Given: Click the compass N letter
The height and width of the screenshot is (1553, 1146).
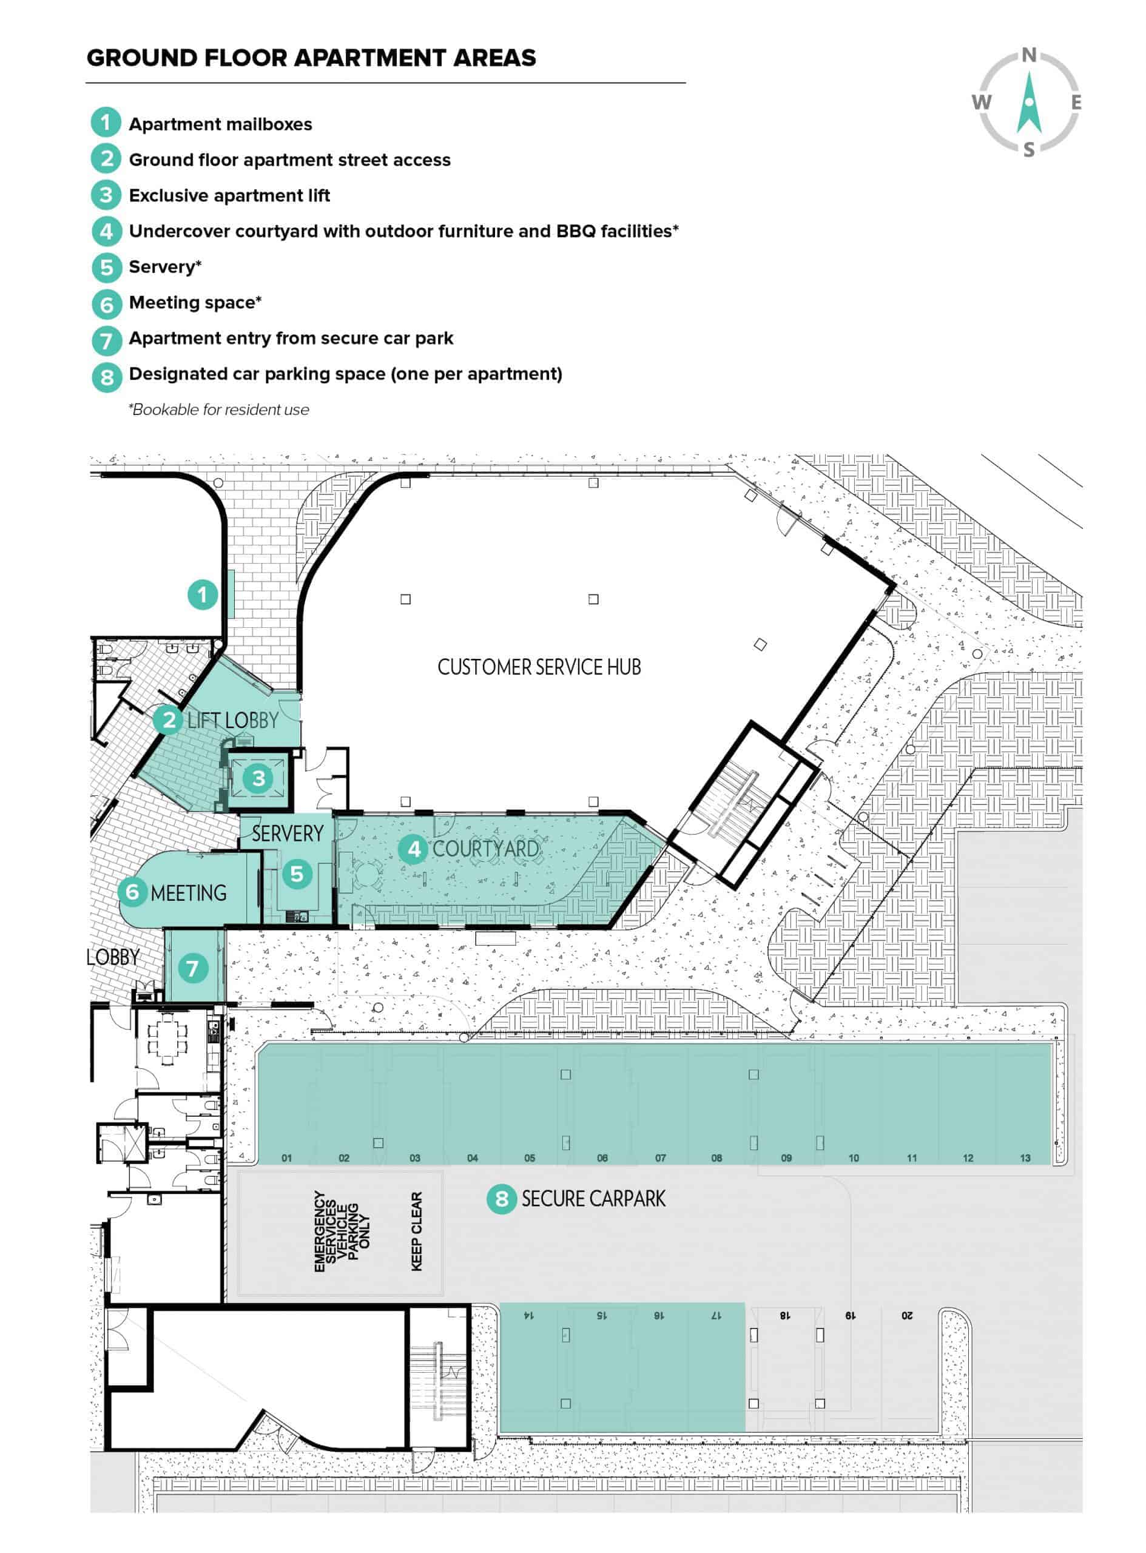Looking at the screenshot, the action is [1029, 55].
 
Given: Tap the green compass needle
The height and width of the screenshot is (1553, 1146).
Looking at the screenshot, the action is [1030, 102].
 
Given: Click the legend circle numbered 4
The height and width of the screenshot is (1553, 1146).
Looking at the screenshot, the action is [106, 231].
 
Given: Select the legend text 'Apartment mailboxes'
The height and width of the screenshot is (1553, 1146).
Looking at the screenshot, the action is [221, 124].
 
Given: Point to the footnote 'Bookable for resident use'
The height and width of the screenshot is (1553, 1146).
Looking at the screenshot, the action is [218, 409].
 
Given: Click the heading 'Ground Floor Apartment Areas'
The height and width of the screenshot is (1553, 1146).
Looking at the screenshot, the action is [311, 58].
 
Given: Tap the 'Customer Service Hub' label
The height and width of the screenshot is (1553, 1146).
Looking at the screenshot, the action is [539, 667].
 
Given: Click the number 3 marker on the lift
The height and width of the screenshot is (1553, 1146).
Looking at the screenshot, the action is [258, 778].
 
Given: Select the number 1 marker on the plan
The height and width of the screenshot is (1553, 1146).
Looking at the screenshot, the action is [203, 595].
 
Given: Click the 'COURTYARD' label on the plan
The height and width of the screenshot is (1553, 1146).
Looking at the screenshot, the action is [485, 848].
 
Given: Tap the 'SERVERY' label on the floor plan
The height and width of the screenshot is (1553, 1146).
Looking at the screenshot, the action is [287, 833].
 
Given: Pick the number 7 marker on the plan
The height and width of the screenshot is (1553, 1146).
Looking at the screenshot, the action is [193, 968].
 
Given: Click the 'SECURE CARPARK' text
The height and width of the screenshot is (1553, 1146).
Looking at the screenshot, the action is [593, 1199].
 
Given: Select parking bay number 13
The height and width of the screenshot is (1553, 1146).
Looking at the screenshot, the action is [1025, 1157].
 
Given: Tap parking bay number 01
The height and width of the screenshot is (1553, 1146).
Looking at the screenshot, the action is [286, 1157].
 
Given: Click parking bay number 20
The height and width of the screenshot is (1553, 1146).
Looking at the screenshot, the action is [907, 1315].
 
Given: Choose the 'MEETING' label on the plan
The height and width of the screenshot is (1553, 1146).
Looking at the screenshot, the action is [189, 893].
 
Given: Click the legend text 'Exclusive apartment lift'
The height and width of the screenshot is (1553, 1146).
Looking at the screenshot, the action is [229, 195].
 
